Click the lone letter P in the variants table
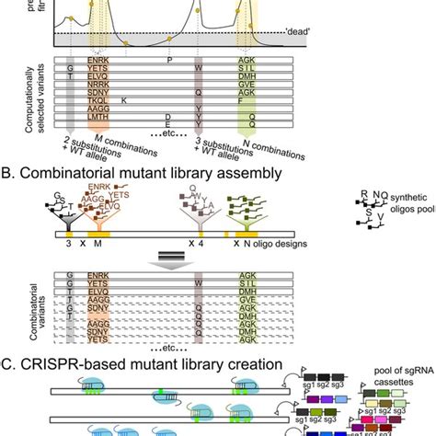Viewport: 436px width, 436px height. (x=169, y=60)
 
